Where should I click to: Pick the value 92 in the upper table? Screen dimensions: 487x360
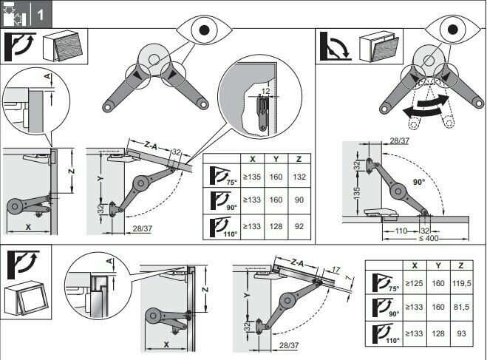(x=300, y=227)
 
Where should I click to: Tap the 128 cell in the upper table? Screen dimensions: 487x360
(x=276, y=227)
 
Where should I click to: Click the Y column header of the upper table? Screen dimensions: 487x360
(x=276, y=159)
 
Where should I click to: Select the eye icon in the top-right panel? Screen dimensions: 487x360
(x=457, y=30)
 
